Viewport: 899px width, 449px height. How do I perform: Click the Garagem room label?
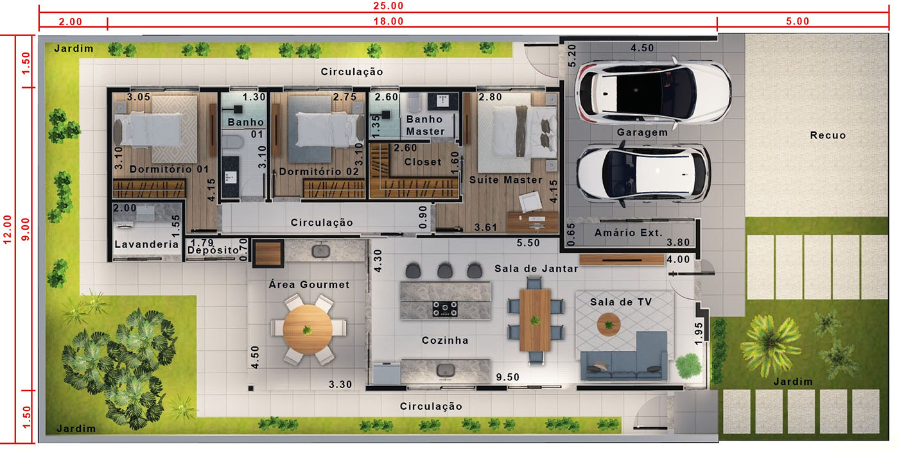click(x=642, y=132)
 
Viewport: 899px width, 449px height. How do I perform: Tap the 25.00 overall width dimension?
click(x=388, y=6)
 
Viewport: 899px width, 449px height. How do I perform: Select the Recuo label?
click(x=828, y=135)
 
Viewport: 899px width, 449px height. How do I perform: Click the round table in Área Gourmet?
click(x=308, y=330)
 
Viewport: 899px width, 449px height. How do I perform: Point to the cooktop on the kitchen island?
click(x=444, y=309)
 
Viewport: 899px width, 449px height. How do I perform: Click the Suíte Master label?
click(x=506, y=180)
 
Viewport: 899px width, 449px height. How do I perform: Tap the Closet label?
click(x=423, y=162)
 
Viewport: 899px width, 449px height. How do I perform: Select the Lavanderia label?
click(x=146, y=244)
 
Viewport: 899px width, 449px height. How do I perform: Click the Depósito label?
click(x=213, y=250)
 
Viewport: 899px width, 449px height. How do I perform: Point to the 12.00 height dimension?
click(x=7, y=230)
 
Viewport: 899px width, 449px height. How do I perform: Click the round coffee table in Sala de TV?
click(x=609, y=325)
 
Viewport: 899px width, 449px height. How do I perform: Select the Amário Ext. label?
click(x=628, y=232)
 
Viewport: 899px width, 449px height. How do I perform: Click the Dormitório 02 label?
click(x=319, y=172)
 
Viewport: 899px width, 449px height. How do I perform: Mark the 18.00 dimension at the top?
click(x=388, y=21)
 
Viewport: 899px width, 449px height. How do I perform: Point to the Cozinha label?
click(x=444, y=341)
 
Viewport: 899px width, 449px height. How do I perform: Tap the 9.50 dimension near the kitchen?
click(x=507, y=377)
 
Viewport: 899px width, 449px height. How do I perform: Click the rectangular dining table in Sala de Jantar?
click(x=535, y=320)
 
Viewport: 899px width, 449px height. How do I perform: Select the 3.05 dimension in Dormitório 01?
click(x=139, y=97)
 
